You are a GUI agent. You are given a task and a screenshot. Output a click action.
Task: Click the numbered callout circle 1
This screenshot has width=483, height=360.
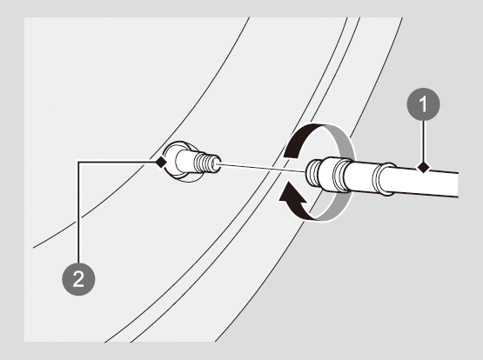click(423, 104)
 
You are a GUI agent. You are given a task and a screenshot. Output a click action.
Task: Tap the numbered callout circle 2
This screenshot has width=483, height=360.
click(78, 279)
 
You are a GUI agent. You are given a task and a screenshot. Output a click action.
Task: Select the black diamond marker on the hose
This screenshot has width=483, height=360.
click(423, 168)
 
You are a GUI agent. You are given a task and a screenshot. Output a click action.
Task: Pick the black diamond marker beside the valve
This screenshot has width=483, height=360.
click(160, 162)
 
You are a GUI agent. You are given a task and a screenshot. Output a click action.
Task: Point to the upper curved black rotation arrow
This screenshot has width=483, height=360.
click(304, 136)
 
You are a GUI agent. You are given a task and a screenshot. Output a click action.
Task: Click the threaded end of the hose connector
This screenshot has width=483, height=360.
click(313, 173)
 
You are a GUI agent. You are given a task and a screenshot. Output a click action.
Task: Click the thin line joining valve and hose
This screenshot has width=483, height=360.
click(262, 168)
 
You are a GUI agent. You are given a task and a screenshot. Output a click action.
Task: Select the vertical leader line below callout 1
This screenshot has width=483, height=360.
click(423, 141)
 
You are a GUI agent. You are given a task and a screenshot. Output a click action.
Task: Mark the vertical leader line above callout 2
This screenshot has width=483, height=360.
click(78, 212)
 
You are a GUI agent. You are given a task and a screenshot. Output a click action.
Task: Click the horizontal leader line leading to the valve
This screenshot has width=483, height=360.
click(117, 162)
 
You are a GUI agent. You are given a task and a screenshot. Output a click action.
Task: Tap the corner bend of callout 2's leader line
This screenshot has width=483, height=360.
click(78, 162)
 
